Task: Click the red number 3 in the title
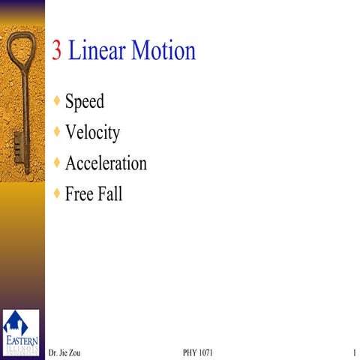click(57, 51)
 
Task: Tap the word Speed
click(85, 101)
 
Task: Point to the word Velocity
click(92, 133)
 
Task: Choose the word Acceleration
click(106, 163)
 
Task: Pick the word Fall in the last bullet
click(110, 194)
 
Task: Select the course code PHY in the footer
click(191, 352)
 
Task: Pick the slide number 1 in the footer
click(352, 352)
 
